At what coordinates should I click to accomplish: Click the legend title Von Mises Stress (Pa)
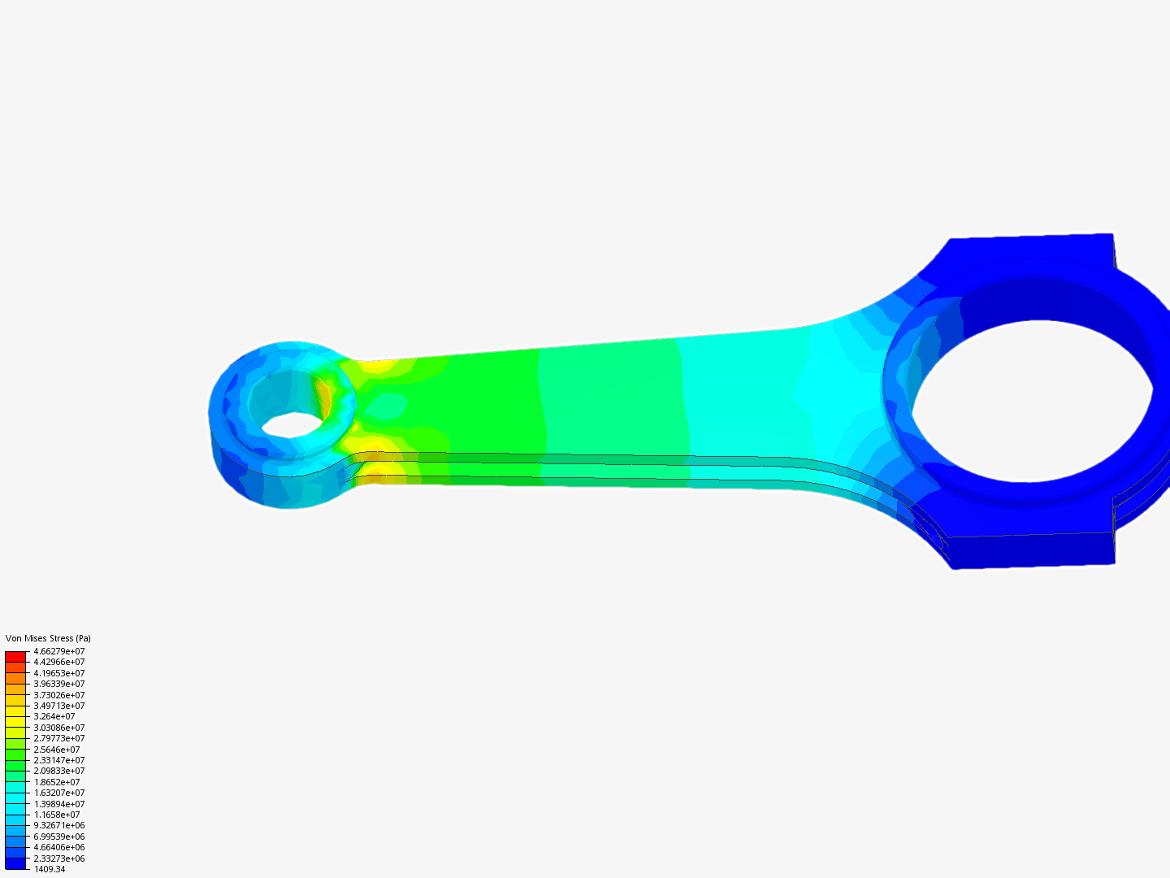[48, 638]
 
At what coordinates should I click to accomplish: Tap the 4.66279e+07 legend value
[58, 651]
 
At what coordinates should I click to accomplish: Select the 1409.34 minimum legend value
[49, 869]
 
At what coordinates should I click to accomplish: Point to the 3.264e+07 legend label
[54, 716]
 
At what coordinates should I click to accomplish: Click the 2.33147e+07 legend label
[58, 760]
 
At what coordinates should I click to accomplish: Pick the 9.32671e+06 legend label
[58, 825]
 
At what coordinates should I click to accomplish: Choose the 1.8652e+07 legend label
[56, 782]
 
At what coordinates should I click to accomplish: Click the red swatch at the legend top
[15, 656]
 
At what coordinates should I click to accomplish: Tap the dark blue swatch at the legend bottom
[15, 863]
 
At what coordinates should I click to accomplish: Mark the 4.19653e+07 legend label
[58, 673]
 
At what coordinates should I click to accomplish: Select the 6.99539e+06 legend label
[58, 837]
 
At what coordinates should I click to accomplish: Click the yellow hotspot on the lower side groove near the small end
[382, 469]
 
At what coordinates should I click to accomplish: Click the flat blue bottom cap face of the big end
[1032, 550]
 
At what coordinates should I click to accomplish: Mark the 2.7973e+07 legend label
[58, 738]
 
